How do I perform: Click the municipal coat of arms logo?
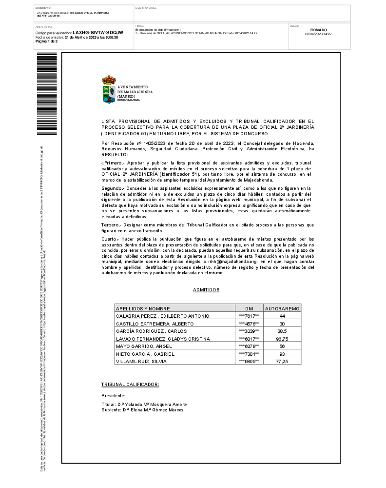[109, 89]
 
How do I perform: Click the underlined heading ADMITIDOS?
[206, 290]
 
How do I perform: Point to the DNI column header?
[249, 308]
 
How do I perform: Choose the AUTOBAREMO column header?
[282, 308]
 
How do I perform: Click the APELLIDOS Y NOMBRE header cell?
[143, 308]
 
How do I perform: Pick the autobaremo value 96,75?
[282, 339]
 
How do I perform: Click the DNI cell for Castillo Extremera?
[249, 324]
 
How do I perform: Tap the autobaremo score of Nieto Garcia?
[282, 354]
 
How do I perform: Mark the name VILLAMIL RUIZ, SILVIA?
[141, 362]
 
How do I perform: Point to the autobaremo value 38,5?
[282, 331]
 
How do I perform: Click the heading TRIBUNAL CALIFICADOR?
[130, 385]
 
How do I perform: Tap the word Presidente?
[113, 395]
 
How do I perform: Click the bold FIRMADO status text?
[318, 30]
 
